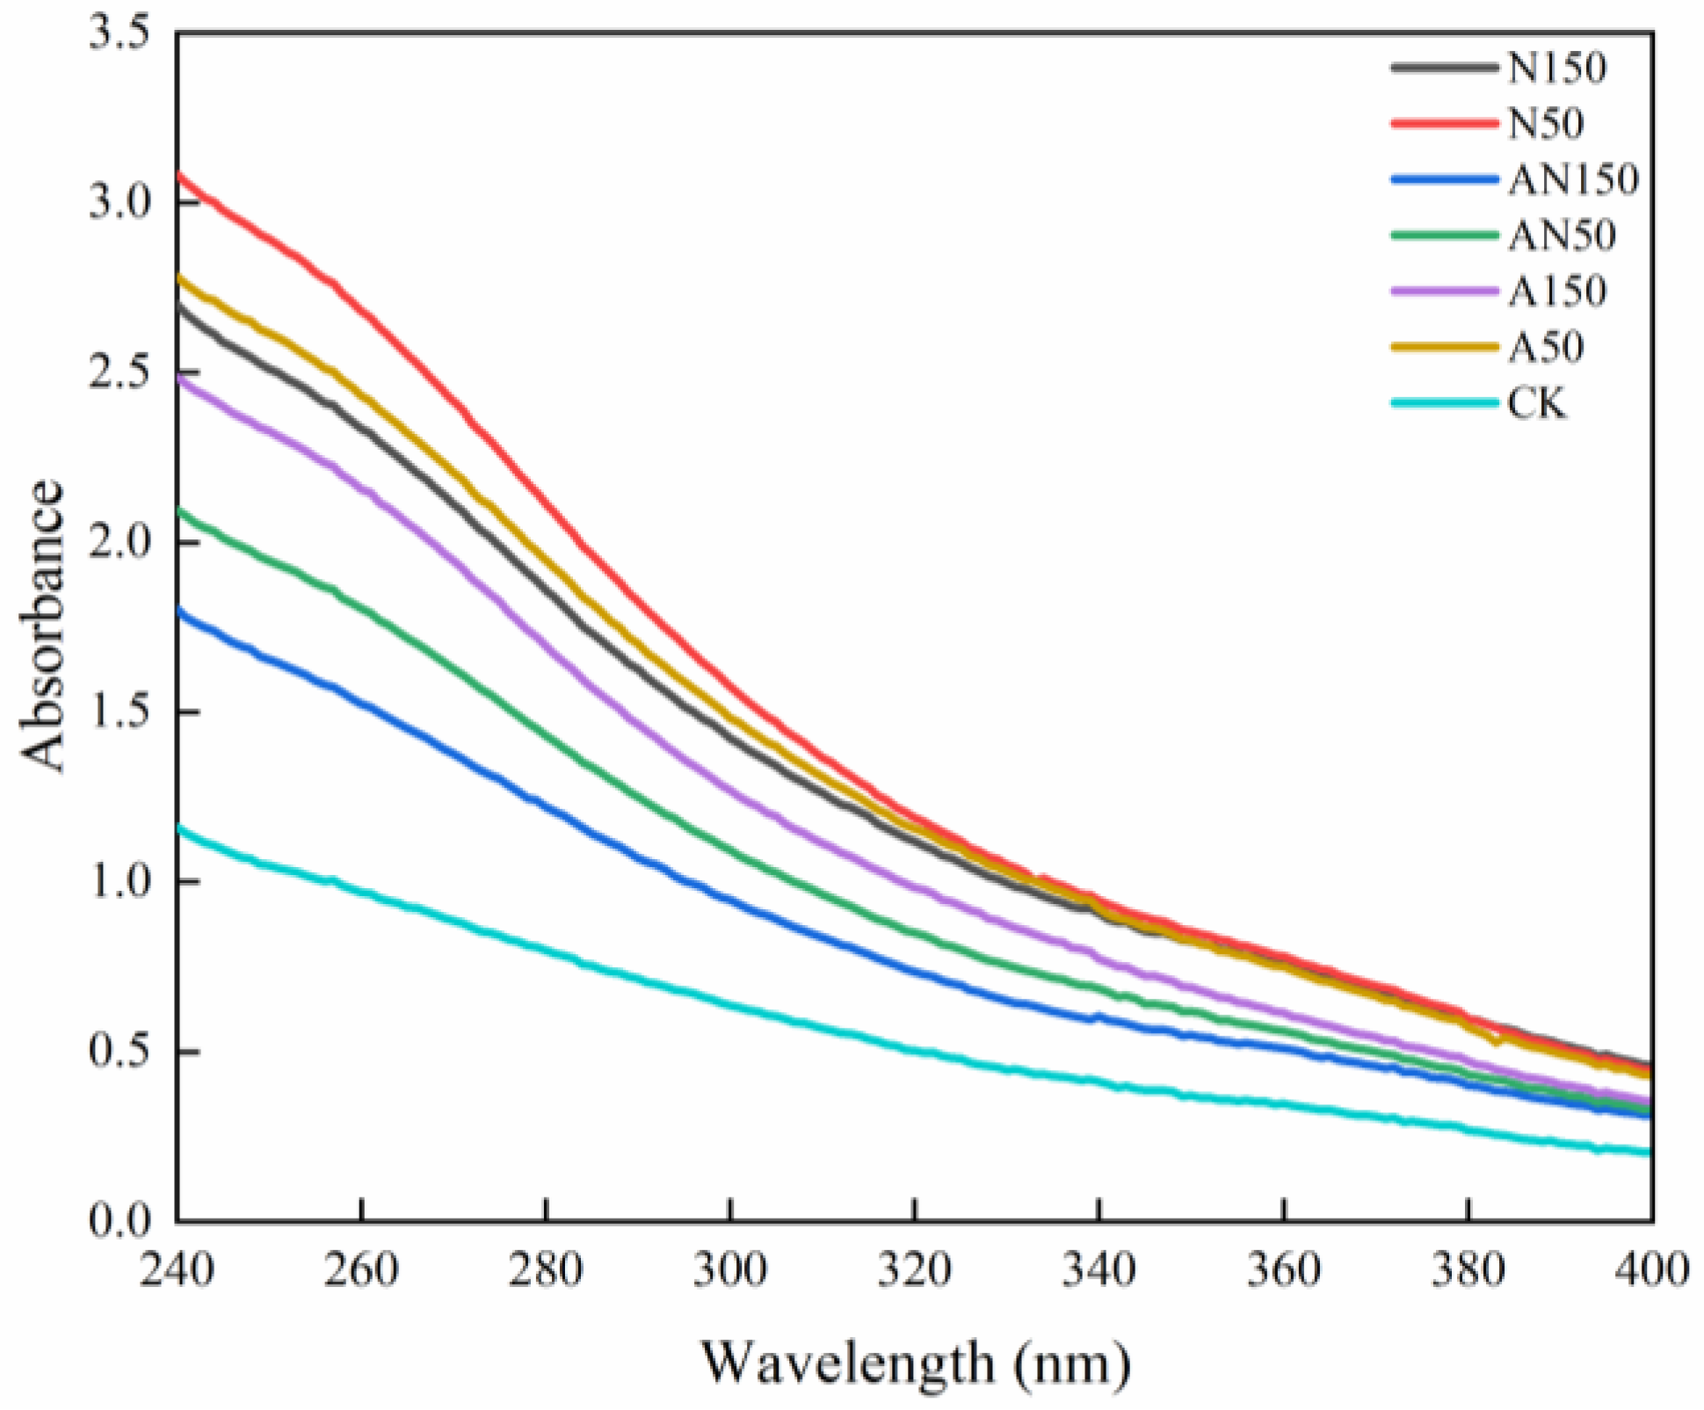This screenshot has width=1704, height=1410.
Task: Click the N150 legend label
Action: tap(1557, 68)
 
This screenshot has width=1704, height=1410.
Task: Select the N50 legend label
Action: tap(1546, 124)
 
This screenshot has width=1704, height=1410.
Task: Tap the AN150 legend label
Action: tap(1573, 180)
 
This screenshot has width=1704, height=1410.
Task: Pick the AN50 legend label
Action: tap(1562, 235)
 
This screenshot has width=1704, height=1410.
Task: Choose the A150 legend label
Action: tap(1557, 292)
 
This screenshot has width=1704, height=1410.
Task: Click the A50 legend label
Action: tap(1546, 348)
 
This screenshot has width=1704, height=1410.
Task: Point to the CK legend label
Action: tap(1537, 404)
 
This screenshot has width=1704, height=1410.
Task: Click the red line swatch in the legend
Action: tap(1444, 124)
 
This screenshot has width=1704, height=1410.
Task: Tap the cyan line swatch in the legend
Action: tap(1444, 404)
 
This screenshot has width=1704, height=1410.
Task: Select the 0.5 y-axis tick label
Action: tap(120, 1052)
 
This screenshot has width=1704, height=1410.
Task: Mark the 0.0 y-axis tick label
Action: tap(120, 1222)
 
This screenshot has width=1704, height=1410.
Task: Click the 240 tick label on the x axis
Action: tap(177, 1270)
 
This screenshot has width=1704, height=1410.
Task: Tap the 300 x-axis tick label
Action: tap(730, 1270)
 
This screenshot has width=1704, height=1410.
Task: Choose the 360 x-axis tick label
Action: tap(1284, 1270)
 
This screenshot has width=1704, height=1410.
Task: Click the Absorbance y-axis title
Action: tap(42, 625)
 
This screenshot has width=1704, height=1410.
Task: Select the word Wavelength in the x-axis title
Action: tap(848, 1363)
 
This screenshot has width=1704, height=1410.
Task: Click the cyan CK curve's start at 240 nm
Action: tap(179, 827)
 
